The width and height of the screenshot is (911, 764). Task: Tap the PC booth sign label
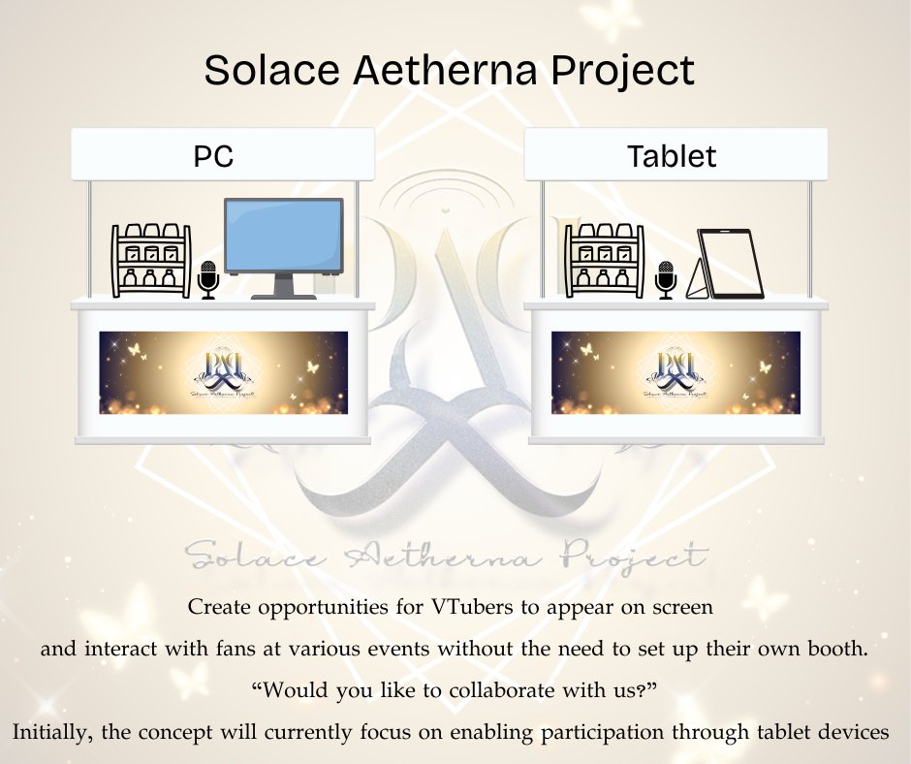214,155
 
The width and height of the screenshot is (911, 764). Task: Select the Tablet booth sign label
672,155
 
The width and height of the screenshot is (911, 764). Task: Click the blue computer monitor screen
283,235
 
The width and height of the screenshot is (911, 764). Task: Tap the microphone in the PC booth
208,279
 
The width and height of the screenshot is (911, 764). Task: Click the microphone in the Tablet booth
665,279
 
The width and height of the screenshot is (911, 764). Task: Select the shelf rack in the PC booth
151,260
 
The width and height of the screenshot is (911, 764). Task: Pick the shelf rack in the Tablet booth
605,260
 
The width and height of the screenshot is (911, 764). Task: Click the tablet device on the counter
732,263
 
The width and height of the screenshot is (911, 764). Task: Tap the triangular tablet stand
698,281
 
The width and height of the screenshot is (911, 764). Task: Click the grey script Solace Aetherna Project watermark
446,556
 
